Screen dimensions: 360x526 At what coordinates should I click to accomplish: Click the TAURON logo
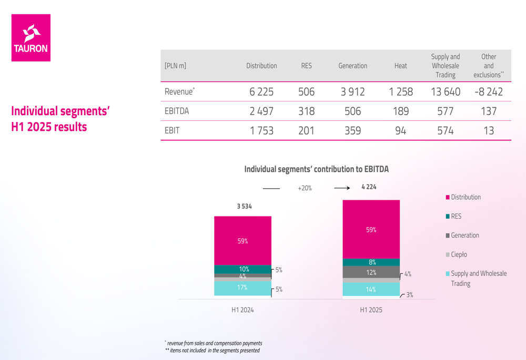click(x=31, y=38)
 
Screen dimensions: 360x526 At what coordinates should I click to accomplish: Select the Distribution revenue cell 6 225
click(x=261, y=92)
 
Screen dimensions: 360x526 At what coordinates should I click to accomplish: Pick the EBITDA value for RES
click(x=306, y=111)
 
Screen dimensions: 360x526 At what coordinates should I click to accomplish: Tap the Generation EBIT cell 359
click(x=352, y=131)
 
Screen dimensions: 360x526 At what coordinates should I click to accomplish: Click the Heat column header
click(x=400, y=66)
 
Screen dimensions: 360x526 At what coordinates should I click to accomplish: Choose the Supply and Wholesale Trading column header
click(x=445, y=66)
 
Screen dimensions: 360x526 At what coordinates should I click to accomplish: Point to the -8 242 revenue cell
click(x=488, y=92)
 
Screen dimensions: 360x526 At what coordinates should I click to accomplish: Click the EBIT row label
click(x=172, y=131)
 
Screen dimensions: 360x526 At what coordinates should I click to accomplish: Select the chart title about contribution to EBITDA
click(x=316, y=169)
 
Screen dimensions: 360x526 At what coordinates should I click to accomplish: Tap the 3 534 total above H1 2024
click(x=244, y=207)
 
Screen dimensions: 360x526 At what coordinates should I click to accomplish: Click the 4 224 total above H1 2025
click(x=369, y=187)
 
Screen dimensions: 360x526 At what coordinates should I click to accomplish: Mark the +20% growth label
click(x=305, y=188)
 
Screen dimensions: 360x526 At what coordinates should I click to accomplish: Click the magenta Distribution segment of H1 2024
click(x=242, y=240)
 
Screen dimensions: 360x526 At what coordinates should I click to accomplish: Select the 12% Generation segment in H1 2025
click(x=371, y=272)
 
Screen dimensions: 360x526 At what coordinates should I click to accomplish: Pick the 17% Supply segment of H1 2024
click(x=242, y=287)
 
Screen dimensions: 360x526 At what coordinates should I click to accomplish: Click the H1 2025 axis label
click(x=371, y=310)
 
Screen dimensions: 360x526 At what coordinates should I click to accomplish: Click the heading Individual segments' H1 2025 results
click(x=60, y=119)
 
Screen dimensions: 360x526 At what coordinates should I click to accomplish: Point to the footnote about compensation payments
click(x=214, y=343)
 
